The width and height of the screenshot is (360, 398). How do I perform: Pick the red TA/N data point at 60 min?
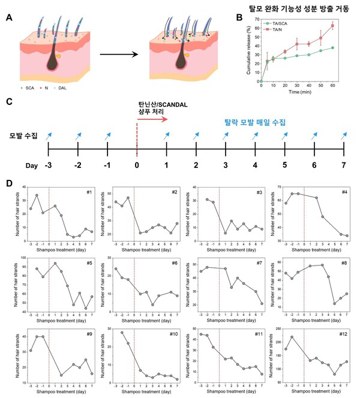pos(349,26)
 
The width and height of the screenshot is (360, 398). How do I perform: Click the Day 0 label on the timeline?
pos(137,165)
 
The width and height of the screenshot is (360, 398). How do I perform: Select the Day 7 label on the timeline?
pos(343,165)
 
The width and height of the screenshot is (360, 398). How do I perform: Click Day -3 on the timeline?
pos(49,165)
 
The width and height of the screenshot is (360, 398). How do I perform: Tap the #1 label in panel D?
pos(89,192)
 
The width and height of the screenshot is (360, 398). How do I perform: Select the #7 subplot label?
pos(258,263)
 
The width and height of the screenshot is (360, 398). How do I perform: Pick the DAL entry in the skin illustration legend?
pos(74,95)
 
